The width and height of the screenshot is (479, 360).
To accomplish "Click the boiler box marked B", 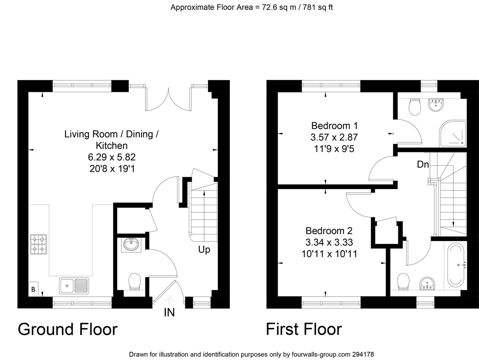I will coord(33,289).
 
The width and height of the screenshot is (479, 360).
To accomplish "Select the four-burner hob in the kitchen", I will coord(38,244).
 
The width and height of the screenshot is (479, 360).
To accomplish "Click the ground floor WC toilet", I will coord(135,281).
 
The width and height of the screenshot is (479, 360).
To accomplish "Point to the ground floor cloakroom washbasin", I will coord(131,245).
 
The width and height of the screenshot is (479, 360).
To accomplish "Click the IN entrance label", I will coord(169,313).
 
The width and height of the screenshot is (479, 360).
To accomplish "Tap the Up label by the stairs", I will coord(204,249).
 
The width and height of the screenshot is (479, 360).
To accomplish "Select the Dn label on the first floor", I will coord(423,164).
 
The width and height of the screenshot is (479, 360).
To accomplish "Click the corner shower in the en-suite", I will coord(453,134).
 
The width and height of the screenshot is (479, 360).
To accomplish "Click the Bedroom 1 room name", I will coord(334,126).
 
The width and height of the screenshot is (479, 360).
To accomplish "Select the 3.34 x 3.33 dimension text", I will coord(329,242).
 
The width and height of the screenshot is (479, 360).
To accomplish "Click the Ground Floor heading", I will coord(68,329).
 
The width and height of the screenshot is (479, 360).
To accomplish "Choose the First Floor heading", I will coord(304,329).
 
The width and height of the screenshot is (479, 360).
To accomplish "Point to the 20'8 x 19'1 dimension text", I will coord(112,168).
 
